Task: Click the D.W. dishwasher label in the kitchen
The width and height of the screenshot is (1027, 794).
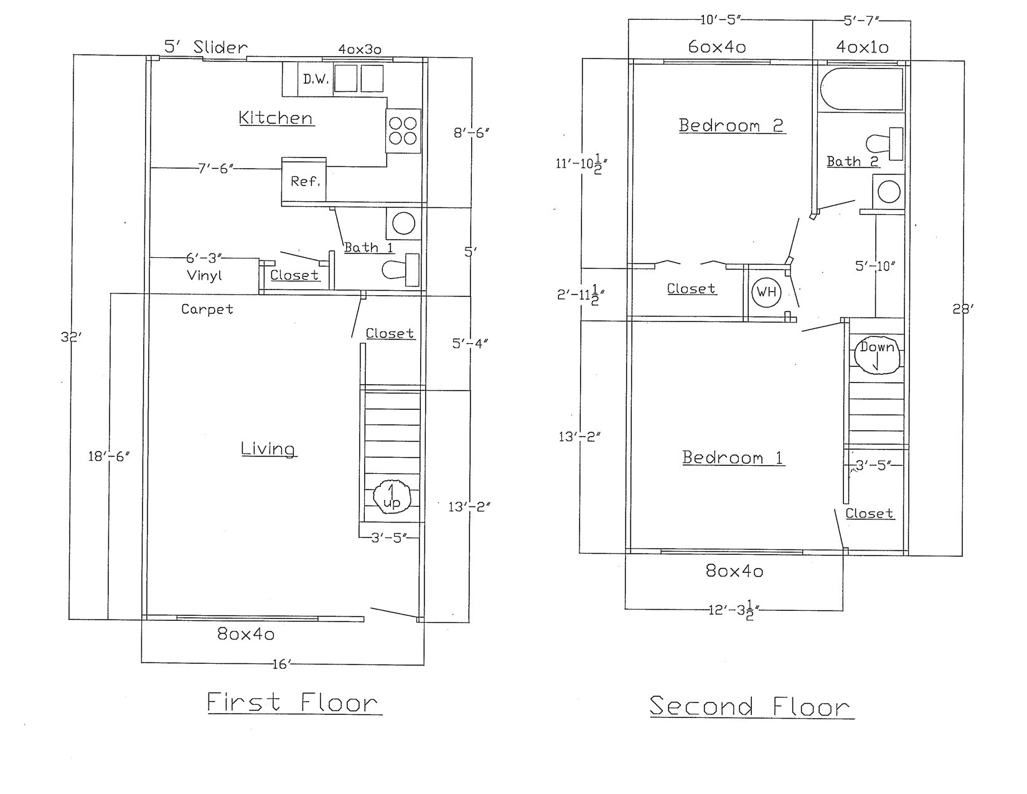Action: click(316, 79)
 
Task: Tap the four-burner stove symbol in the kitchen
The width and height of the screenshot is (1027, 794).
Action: click(403, 131)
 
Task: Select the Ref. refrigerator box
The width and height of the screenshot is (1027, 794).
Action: click(304, 181)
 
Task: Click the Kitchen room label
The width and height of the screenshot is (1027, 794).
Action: click(276, 118)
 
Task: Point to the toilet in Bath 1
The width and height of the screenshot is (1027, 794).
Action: click(400, 270)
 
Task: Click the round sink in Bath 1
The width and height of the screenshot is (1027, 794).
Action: click(403, 223)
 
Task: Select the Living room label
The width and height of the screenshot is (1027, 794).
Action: click(268, 448)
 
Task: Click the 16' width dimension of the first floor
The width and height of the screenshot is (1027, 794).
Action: click(281, 664)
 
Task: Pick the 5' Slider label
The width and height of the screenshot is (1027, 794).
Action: click(205, 47)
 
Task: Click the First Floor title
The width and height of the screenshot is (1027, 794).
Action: click(293, 702)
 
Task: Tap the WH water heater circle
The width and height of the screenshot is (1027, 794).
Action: click(766, 292)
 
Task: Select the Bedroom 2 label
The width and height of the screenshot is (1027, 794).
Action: click(731, 125)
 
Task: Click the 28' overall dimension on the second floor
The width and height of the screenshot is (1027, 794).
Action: click(962, 308)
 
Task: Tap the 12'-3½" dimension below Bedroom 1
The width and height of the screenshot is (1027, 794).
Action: click(733, 610)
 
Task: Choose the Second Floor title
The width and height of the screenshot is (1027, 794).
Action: click(750, 706)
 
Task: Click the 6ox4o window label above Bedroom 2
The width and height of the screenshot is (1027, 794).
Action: click(717, 47)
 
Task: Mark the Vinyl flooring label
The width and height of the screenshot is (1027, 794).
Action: click(204, 275)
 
